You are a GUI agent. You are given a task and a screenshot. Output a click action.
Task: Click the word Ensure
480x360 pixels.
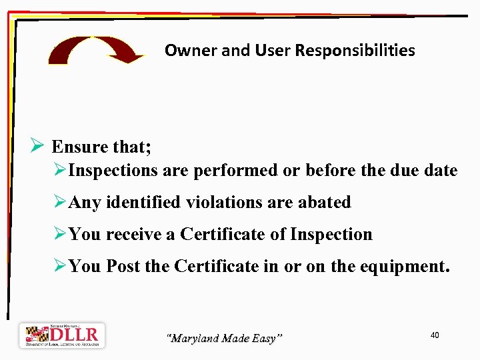click(x=79, y=147)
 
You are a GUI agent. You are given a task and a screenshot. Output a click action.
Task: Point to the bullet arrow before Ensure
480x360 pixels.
click(x=37, y=146)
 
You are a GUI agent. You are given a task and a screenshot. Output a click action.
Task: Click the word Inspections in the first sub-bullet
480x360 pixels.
click(x=113, y=171)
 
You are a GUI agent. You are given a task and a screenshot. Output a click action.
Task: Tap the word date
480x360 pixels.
click(x=440, y=171)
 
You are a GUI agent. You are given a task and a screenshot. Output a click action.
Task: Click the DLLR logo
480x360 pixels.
click(x=62, y=335)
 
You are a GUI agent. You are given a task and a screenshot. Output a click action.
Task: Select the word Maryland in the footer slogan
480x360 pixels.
click(x=194, y=339)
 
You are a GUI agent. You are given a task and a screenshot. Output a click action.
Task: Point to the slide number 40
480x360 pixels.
click(x=435, y=335)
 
